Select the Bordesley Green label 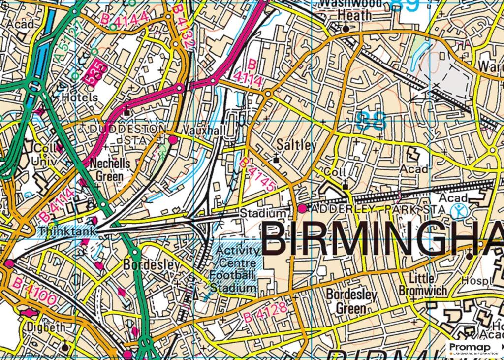point(351,302)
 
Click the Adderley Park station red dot point(302,209)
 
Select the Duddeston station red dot point(173,140)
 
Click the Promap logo point(473,348)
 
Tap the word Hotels point(80,98)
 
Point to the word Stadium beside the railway point(262,214)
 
